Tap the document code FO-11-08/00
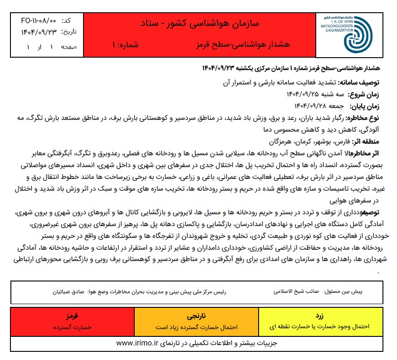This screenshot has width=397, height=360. [x=39, y=21]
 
